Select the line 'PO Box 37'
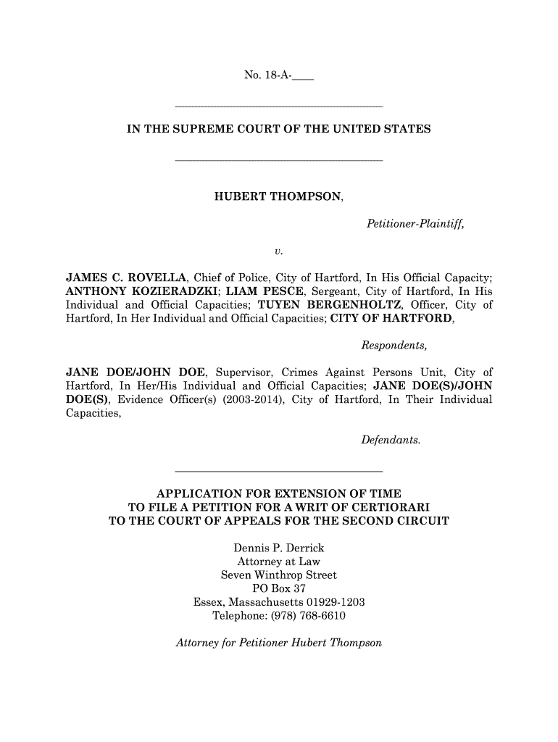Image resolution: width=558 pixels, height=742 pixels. (278, 589)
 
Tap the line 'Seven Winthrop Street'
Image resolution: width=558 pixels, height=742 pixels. (278, 575)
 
